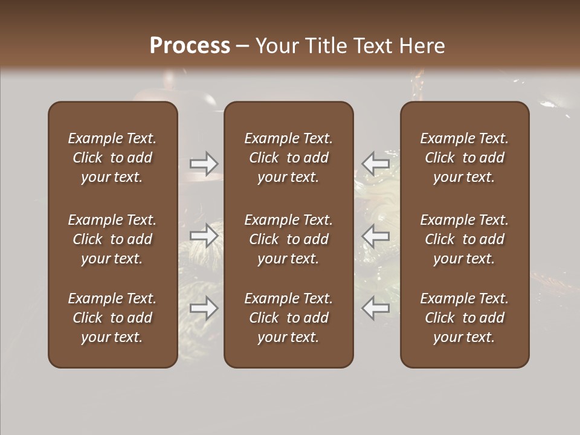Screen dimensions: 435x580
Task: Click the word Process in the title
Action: tap(190, 46)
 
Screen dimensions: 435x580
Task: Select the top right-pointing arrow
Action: tap(204, 163)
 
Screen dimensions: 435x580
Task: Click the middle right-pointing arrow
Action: tap(204, 236)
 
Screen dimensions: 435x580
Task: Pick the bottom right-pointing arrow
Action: tap(204, 308)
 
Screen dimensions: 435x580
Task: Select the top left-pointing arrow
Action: tap(375, 163)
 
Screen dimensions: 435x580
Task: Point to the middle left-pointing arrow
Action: tap(375, 236)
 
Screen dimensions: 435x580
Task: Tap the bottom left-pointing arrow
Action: tap(375, 308)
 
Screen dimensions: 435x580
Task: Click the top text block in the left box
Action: tap(112, 158)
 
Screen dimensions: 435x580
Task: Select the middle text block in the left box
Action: tap(112, 239)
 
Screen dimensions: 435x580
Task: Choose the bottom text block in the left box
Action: tap(112, 318)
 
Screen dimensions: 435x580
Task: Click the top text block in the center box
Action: tap(288, 158)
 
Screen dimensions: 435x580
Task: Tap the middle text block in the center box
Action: tap(288, 239)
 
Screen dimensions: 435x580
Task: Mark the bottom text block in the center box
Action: tap(288, 318)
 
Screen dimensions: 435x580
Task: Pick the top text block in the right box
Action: tap(464, 158)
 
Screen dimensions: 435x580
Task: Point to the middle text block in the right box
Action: tap(464, 239)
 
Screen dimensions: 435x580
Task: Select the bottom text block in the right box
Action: tap(464, 318)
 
